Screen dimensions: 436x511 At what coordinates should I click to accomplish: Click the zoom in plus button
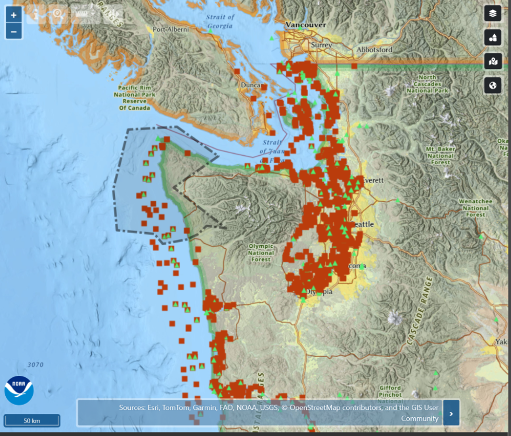14,14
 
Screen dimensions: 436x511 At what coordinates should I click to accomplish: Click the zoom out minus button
14,31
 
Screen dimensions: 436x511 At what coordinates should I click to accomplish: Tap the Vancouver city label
306,25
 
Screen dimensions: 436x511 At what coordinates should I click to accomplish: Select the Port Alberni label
170,30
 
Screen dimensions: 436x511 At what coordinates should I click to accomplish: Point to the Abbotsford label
374,50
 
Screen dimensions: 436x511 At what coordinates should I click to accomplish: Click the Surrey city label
321,45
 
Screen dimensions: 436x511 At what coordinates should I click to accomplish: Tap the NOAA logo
19,390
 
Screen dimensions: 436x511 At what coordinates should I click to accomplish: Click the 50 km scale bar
32,420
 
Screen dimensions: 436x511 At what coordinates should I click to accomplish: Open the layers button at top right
493,13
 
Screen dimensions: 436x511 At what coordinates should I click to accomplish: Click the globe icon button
493,85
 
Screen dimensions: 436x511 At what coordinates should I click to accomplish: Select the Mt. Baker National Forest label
440,155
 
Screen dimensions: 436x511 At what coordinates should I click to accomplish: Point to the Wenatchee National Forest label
475,208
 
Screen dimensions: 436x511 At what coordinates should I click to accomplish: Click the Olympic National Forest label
261,253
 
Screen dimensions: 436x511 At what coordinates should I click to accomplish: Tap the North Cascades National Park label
431,84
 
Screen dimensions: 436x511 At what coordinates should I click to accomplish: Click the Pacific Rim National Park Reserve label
134,98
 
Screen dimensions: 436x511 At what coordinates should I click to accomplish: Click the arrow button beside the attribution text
451,413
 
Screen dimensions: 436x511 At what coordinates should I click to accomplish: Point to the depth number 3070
36,364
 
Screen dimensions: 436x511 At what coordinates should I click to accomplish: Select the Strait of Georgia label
220,21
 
